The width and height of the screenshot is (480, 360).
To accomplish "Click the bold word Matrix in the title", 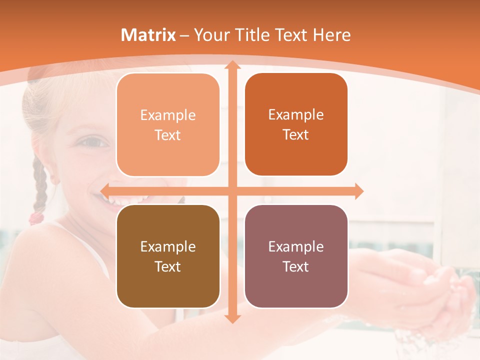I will tap(148, 35).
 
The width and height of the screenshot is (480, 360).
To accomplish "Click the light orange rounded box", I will tap(168, 124).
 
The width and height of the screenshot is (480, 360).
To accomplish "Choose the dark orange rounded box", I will tap(296, 124).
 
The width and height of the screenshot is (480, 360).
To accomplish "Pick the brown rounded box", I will tap(168, 256).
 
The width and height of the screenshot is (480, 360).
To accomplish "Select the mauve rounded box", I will tap(296, 256).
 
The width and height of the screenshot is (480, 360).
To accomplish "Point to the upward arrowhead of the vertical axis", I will tap(232, 65).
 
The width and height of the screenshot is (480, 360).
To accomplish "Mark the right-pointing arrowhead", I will tap(358, 191).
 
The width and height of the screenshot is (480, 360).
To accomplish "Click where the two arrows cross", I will tap(232, 191).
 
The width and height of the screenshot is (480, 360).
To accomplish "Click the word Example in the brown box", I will tap(168, 246).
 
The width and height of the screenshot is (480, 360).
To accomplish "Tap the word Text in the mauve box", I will tap(296, 266).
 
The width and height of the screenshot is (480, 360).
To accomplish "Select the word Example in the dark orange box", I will tap(296, 114).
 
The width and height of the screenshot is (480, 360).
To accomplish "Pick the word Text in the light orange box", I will tap(168, 135).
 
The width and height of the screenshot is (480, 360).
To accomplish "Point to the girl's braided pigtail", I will tap(39, 185).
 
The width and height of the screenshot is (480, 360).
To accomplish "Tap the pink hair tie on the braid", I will tap(36, 217).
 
